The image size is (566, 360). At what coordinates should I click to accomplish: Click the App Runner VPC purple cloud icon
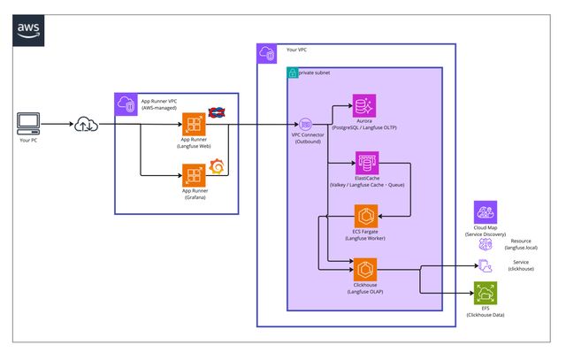125,103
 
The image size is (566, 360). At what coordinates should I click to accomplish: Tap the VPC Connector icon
305,124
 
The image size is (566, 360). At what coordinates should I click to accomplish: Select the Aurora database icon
364,106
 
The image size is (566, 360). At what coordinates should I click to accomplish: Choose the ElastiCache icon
364,162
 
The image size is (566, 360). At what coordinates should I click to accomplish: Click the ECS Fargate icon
364,216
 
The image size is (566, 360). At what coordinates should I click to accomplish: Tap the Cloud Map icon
486,211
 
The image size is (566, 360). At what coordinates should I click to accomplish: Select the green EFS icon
486,293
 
